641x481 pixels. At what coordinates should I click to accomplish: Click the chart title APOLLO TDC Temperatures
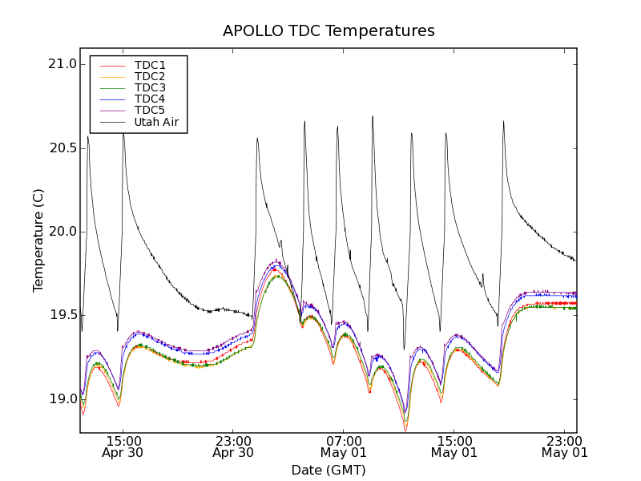329,31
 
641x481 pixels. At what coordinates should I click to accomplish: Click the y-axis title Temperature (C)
38,240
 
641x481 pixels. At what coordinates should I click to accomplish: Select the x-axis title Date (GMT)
329,470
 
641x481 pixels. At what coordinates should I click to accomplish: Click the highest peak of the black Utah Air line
373,116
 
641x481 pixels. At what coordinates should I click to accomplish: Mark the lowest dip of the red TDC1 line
405,431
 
